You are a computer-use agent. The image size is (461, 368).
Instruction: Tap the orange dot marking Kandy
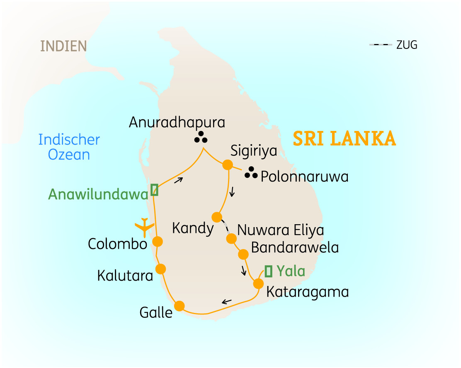tap(217, 217)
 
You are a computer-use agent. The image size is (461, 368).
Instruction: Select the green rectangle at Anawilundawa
tap(154, 190)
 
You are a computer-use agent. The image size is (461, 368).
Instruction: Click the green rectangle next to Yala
tap(268, 271)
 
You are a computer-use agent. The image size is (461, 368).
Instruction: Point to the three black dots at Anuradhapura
tap(201, 137)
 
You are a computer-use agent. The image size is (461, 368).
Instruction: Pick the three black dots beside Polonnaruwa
tap(251, 173)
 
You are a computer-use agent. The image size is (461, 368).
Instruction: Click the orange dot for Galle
tap(179, 306)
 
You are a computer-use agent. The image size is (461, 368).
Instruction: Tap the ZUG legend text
tap(407, 45)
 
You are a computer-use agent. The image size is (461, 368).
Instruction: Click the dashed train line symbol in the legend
tap(381, 45)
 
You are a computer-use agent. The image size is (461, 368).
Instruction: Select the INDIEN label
tap(63, 46)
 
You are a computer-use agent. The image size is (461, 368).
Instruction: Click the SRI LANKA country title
tap(344, 139)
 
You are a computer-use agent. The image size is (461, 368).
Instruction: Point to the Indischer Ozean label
tap(69, 147)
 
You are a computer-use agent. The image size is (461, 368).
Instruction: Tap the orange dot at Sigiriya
tap(227, 165)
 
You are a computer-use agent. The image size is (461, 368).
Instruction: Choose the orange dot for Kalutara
tap(160, 269)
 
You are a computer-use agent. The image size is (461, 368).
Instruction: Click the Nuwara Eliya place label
tap(280, 230)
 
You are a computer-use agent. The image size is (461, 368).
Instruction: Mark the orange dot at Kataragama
tap(258, 284)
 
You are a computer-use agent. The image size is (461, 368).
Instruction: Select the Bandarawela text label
tap(295, 248)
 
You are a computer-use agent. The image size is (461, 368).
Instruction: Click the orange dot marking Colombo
tap(158, 241)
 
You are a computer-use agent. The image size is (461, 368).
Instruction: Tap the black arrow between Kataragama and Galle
tap(226, 301)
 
